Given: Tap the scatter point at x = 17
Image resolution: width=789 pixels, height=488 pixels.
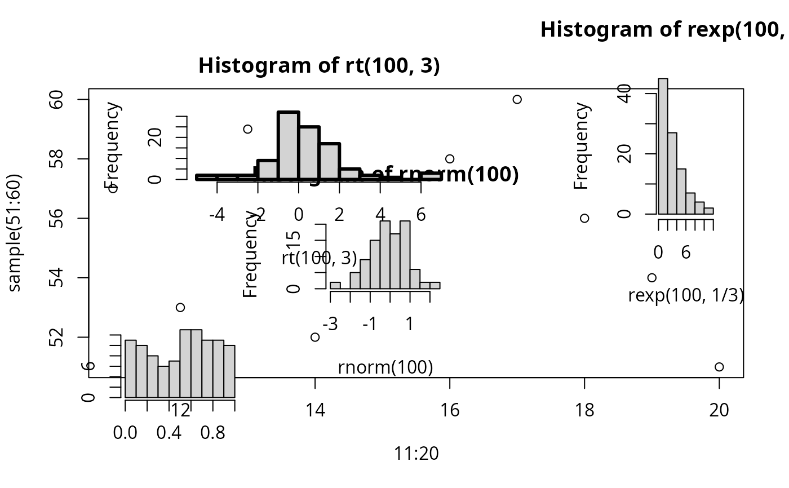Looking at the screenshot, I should pos(517,99).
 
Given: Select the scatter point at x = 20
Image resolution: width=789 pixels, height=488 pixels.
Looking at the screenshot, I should pos(719,367).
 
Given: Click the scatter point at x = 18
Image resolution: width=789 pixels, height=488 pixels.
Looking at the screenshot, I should pos(584,218).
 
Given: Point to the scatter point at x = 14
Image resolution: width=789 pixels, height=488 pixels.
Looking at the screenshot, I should pos(315,337).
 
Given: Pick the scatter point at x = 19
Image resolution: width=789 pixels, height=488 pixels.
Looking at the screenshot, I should pos(652,277).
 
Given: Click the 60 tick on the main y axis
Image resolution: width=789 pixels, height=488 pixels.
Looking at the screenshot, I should pos(89,99).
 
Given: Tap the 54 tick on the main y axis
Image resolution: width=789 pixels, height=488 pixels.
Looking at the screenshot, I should pos(89,278).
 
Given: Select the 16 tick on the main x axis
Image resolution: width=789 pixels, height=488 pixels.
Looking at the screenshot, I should pos(450,378).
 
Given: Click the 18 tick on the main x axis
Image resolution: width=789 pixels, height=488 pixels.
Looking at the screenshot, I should pos(584,378).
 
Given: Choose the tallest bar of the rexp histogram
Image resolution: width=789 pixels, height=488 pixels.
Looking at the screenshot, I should pos(663,146).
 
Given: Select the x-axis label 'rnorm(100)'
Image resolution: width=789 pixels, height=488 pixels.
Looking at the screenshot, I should pos(385,367).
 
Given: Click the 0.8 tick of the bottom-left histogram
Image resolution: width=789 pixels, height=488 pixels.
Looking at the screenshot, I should pos(213,399).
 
